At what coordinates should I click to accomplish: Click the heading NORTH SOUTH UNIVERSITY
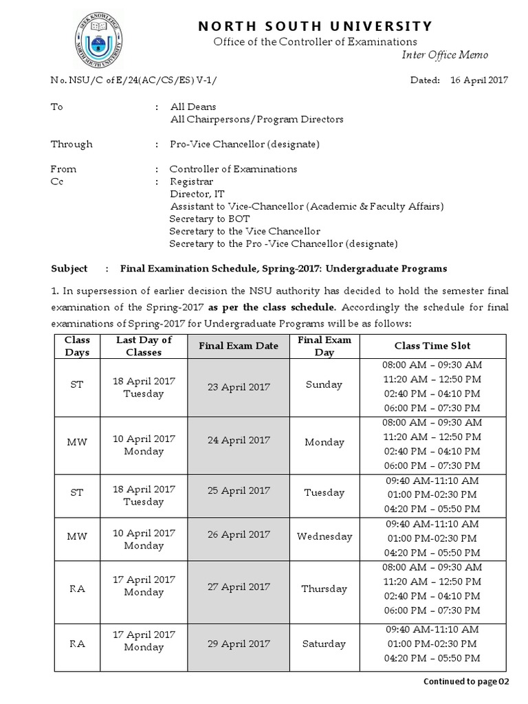click(x=316, y=27)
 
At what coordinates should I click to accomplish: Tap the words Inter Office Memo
click(x=454, y=55)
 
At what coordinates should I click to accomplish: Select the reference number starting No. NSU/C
click(x=137, y=80)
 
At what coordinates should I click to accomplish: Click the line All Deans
click(x=193, y=107)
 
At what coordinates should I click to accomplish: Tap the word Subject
click(x=69, y=268)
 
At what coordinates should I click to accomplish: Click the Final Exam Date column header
click(x=239, y=346)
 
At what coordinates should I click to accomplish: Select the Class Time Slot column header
click(x=432, y=346)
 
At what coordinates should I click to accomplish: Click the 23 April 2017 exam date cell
click(x=239, y=387)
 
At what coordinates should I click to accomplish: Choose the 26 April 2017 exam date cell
click(x=239, y=534)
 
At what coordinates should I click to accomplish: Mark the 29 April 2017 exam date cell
click(x=239, y=644)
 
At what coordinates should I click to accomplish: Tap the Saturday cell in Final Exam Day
click(x=324, y=644)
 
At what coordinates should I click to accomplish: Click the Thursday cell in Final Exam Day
click(x=324, y=588)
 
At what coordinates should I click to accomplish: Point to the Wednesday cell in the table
click(x=324, y=536)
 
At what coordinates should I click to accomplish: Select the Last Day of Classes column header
click(x=144, y=346)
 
